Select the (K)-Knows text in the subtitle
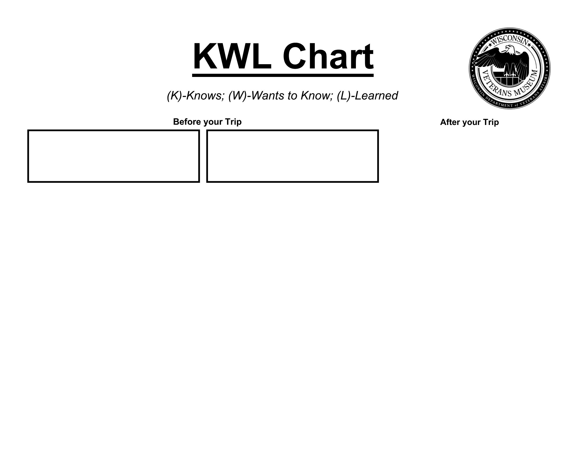(x=196, y=96)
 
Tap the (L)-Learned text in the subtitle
(x=367, y=96)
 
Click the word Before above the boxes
(x=187, y=122)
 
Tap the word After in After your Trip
(x=450, y=122)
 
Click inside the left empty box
(x=113, y=156)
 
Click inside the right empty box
(x=293, y=156)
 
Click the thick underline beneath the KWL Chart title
(x=283, y=76)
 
